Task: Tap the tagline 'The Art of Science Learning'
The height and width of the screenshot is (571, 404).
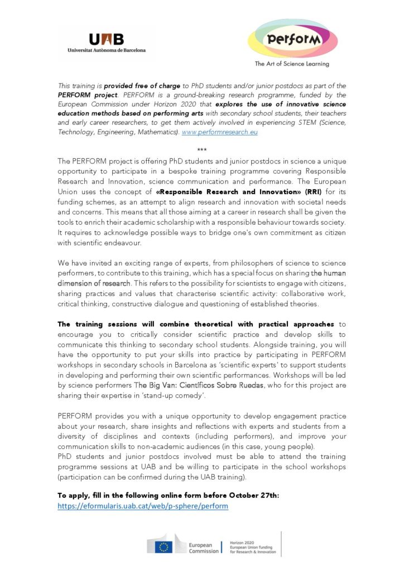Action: point(292,64)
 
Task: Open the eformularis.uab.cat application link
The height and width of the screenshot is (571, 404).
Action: point(143,506)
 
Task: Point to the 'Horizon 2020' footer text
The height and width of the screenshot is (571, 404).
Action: point(242,541)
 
